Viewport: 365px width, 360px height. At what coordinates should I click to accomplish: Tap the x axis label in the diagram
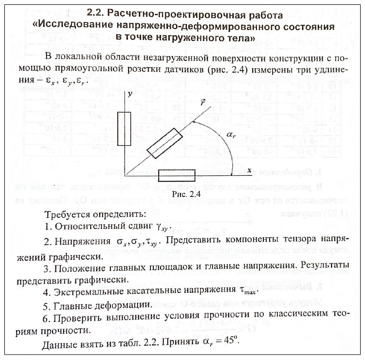[x=249, y=170]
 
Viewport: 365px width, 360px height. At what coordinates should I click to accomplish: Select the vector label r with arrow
[x=203, y=103]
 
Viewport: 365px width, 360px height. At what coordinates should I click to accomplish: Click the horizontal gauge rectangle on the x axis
[x=178, y=175]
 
